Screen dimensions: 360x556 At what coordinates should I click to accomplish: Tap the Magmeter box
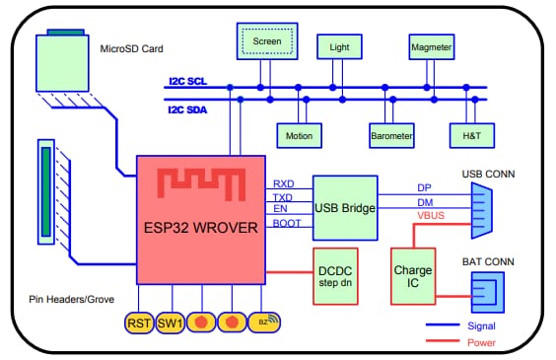[x=430, y=46]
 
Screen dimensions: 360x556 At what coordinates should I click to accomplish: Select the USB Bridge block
[x=344, y=207]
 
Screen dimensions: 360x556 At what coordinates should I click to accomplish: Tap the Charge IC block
[x=413, y=275]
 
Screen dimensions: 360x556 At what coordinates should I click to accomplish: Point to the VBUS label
[x=430, y=214]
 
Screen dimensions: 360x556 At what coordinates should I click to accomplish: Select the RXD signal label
[x=283, y=183]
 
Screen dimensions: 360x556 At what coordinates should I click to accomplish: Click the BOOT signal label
[x=287, y=224]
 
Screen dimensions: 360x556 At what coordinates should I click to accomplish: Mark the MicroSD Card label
[x=131, y=47]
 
